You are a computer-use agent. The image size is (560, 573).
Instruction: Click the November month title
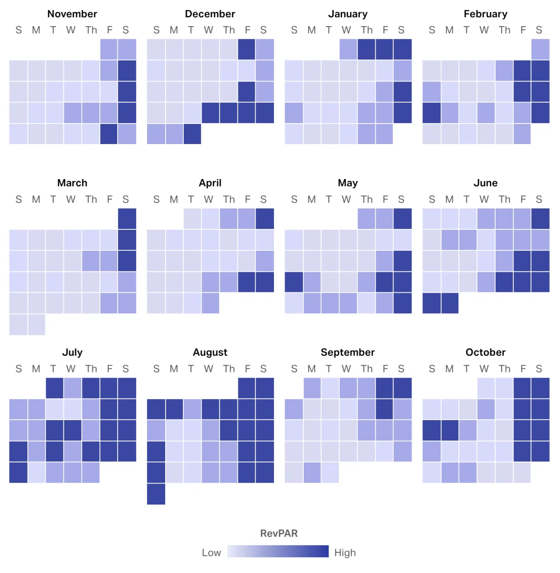click(x=72, y=14)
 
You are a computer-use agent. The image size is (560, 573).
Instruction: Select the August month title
click(x=210, y=352)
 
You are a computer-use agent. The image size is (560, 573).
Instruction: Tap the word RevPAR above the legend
click(x=279, y=533)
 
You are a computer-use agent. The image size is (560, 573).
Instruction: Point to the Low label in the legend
click(x=211, y=553)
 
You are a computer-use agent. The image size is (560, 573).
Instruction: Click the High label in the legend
click(x=345, y=553)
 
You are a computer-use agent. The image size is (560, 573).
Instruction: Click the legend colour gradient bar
click(x=278, y=552)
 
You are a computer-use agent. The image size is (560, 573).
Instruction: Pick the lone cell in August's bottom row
click(x=156, y=494)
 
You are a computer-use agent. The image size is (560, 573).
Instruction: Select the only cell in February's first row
click(x=540, y=49)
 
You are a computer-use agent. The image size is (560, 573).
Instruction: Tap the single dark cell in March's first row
click(x=127, y=219)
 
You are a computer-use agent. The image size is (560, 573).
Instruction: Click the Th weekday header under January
click(x=366, y=30)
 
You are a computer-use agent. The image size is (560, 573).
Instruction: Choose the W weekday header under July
click(x=70, y=369)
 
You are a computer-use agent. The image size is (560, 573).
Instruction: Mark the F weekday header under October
click(x=523, y=369)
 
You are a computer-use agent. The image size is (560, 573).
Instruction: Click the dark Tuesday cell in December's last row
click(x=192, y=134)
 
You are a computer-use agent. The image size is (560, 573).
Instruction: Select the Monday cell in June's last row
click(x=450, y=303)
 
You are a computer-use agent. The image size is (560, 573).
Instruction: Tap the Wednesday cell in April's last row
click(x=210, y=303)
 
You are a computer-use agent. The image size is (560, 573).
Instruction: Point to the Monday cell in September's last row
click(x=312, y=472)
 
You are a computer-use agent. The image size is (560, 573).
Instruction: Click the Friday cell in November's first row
click(x=109, y=49)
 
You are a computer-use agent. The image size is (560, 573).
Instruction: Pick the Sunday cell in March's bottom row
click(x=18, y=324)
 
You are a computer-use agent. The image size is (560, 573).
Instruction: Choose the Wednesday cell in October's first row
click(x=486, y=388)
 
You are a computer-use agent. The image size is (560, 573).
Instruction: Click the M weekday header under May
click(x=312, y=200)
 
